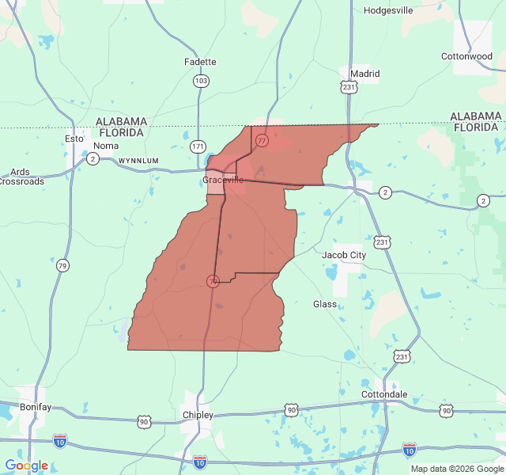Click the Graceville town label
coord(223,180)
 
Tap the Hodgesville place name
coord(387,10)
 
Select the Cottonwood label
coord(466,56)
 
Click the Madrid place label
coord(364,74)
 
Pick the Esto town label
coord(74,139)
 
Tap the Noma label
coord(106,146)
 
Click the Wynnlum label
coord(138,161)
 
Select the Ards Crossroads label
coord(21,177)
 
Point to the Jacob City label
coord(344,255)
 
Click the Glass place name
coord(325,304)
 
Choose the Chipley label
coord(198,415)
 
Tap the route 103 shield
coord(202,81)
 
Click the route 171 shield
coord(198,146)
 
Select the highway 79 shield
coord(62,266)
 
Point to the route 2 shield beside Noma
coord(93,159)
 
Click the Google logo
coord(26,465)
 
